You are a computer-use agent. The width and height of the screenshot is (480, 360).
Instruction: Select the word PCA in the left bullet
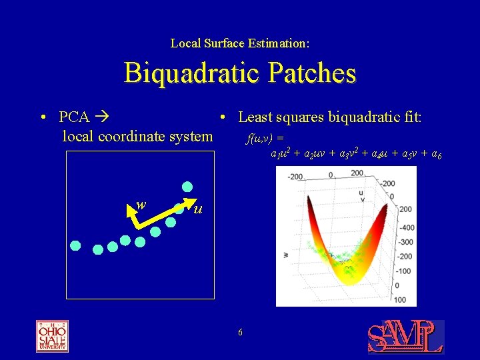click(x=74, y=117)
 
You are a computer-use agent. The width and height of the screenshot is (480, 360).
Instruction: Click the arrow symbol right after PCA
click(x=101, y=117)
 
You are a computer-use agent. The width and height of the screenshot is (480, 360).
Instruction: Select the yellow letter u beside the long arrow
click(x=197, y=210)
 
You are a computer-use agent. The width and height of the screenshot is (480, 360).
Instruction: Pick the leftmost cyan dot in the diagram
click(x=76, y=245)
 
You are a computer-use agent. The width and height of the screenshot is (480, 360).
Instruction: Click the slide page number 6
click(x=240, y=333)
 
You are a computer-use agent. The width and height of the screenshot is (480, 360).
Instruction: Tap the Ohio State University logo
click(x=52, y=336)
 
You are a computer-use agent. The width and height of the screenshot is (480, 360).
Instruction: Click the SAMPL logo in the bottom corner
click(x=405, y=337)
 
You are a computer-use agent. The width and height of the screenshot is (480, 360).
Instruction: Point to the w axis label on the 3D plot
click(x=285, y=253)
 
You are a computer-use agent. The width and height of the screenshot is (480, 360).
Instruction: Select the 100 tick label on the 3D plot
click(x=399, y=301)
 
